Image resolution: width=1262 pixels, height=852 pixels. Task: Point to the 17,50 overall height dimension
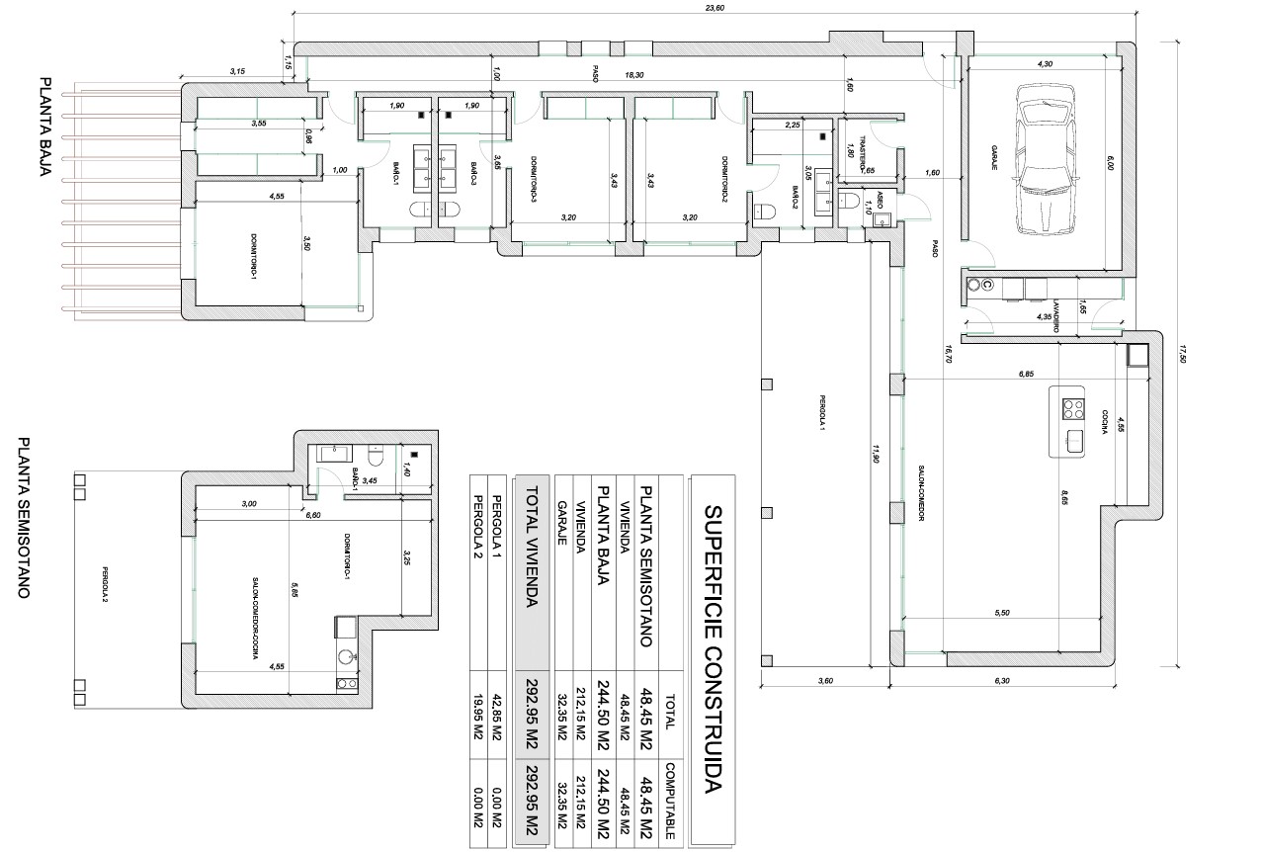[x=1180, y=353]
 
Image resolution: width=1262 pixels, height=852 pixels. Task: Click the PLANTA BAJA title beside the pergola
[x=44, y=127]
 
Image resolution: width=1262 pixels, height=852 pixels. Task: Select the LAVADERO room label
[x=1055, y=313]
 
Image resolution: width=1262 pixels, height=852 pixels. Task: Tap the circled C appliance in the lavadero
[x=985, y=285]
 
